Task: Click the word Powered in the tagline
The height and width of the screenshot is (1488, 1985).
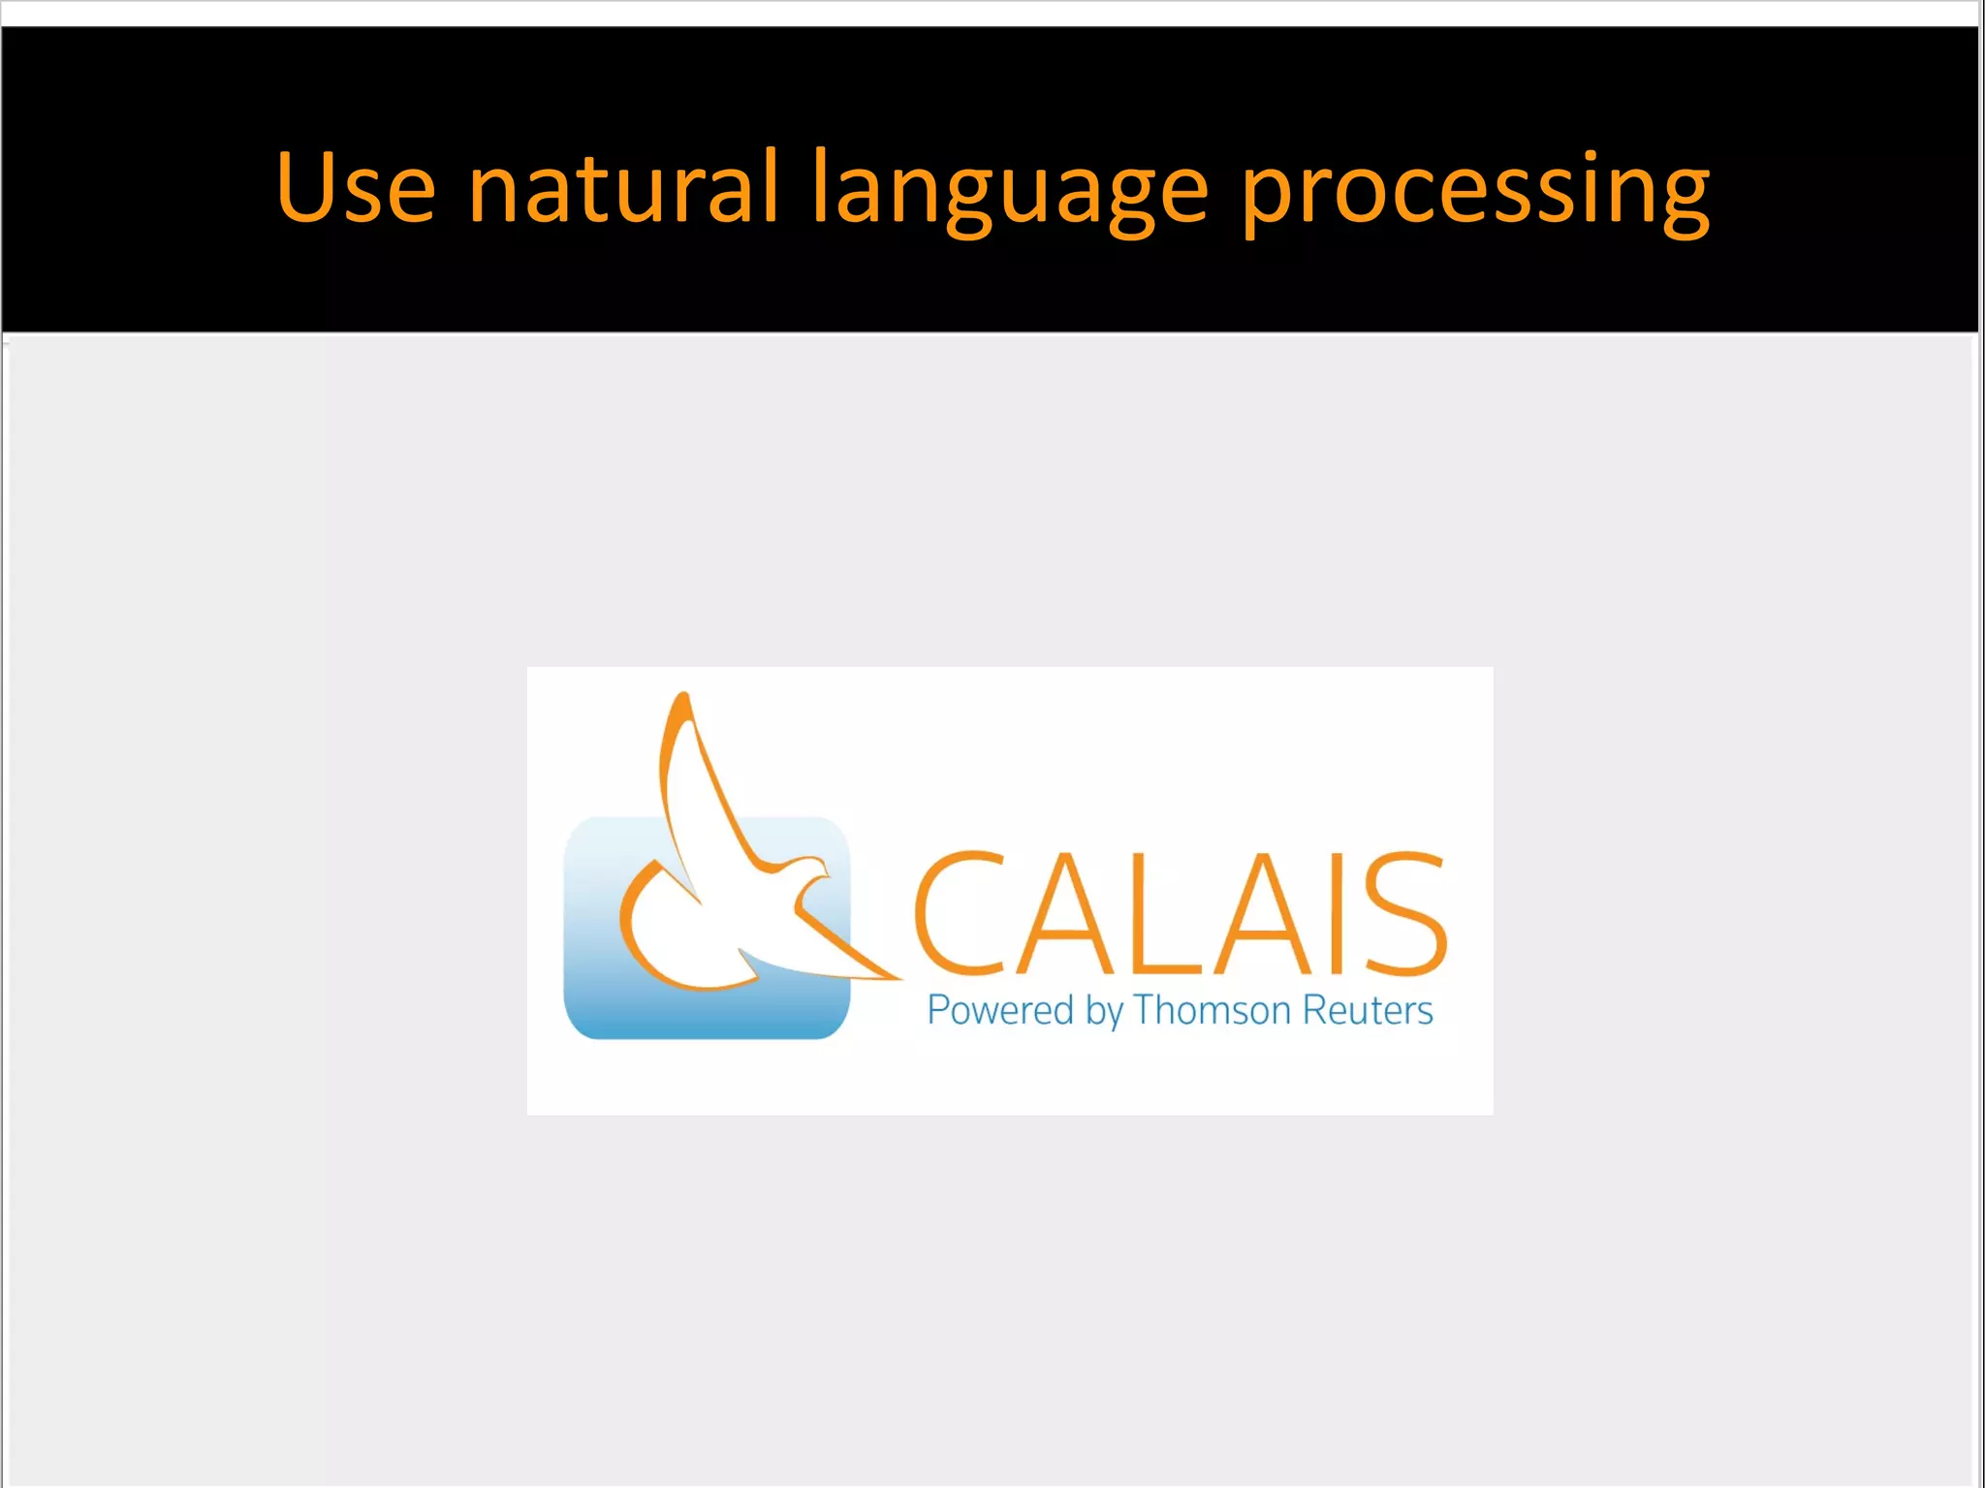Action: click(1000, 1010)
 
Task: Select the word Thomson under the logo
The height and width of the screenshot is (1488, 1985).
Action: click(1212, 1010)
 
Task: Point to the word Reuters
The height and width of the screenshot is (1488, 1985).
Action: click(1367, 1010)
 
